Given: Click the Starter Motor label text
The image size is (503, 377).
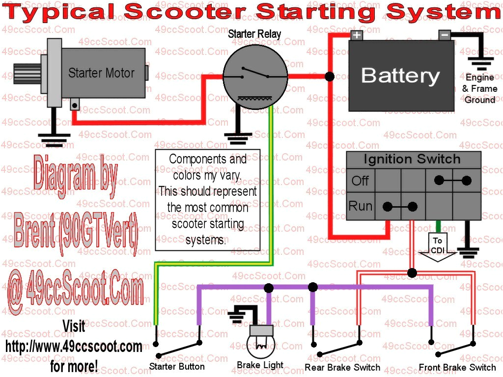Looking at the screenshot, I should (101, 73).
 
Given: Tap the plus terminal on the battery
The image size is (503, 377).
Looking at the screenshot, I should (356, 35).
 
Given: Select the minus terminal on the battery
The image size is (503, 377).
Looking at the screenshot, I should (444, 35).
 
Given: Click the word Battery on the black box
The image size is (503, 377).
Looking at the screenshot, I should (400, 76).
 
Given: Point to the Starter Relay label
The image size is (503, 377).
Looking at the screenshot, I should (254, 34).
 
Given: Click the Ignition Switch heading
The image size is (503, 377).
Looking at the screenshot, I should (412, 159).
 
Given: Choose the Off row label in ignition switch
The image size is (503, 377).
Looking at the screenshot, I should (360, 181).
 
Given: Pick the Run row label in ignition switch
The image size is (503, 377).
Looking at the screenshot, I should (360, 206).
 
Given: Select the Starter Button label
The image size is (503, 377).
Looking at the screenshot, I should (177, 366).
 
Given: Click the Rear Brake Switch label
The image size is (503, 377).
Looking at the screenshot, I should (342, 367).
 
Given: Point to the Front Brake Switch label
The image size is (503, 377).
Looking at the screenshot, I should (457, 367).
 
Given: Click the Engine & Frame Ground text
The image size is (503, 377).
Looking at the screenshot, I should (480, 89).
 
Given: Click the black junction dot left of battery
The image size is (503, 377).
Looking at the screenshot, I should (330, 77).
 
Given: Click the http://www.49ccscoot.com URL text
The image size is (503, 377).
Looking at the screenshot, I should (74, 347).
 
